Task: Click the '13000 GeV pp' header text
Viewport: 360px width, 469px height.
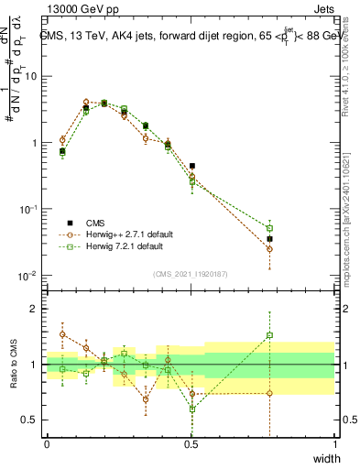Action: pos(80,12)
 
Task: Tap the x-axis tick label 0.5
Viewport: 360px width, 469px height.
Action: pos(191,444)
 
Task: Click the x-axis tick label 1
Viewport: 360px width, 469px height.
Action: pos(335,444)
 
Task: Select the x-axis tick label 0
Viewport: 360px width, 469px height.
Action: pos(47,444)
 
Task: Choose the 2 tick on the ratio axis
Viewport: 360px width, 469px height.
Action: pos(35,309)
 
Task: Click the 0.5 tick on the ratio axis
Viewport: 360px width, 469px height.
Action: pos(32,420)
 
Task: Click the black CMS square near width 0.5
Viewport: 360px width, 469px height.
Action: pos(191,166)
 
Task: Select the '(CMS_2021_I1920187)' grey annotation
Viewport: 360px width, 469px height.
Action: pos(191,274)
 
